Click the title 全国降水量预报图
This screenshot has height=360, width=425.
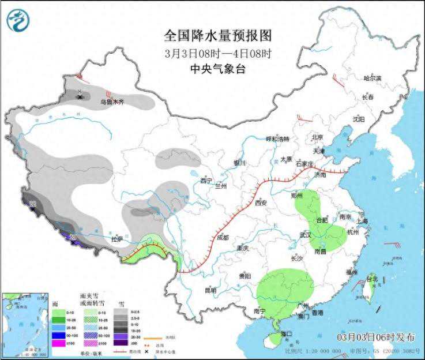217,36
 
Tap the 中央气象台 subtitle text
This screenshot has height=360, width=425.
217,68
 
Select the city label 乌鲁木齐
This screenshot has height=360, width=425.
112,102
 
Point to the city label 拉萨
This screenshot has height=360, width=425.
117,238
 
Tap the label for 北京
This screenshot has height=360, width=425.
317,137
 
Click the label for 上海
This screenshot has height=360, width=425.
362,221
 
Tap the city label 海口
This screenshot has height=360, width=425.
287,333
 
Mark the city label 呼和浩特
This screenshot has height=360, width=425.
276,139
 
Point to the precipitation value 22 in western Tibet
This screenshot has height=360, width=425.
33,204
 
